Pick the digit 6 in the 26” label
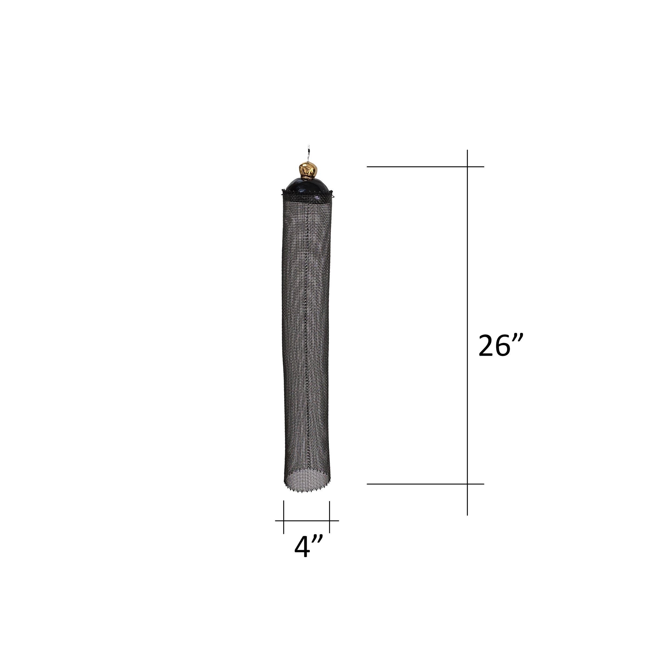click(x=502, y=345)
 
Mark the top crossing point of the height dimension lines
click(x=467, y=167)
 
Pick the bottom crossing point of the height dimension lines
click(x=467, y=484)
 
